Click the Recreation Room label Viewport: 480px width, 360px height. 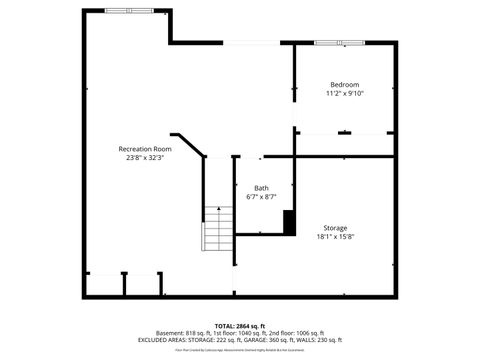(x=145, y=148)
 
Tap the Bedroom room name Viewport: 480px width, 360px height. (x=344, y=84)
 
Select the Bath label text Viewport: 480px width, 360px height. (x=261, y=188)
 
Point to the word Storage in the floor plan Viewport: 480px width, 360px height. (x=335, y=228)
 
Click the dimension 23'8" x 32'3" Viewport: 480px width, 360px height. (x=145, y=157)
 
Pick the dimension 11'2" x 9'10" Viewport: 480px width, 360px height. (x=344, y=93)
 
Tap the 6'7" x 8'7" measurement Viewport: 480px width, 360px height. (x=261, y=197)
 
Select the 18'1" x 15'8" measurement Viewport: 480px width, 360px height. (x=335, y=237)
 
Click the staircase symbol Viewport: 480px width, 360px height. (x=217, y=230)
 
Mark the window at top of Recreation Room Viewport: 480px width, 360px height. (x=131, y=10)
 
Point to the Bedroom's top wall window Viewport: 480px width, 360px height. (x=340, y=43)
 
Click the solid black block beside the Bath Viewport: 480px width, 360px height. (x=289, y=222)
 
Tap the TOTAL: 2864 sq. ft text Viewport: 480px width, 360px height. (x=239, y=326)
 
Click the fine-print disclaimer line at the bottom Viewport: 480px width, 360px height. (x=239, y=351)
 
